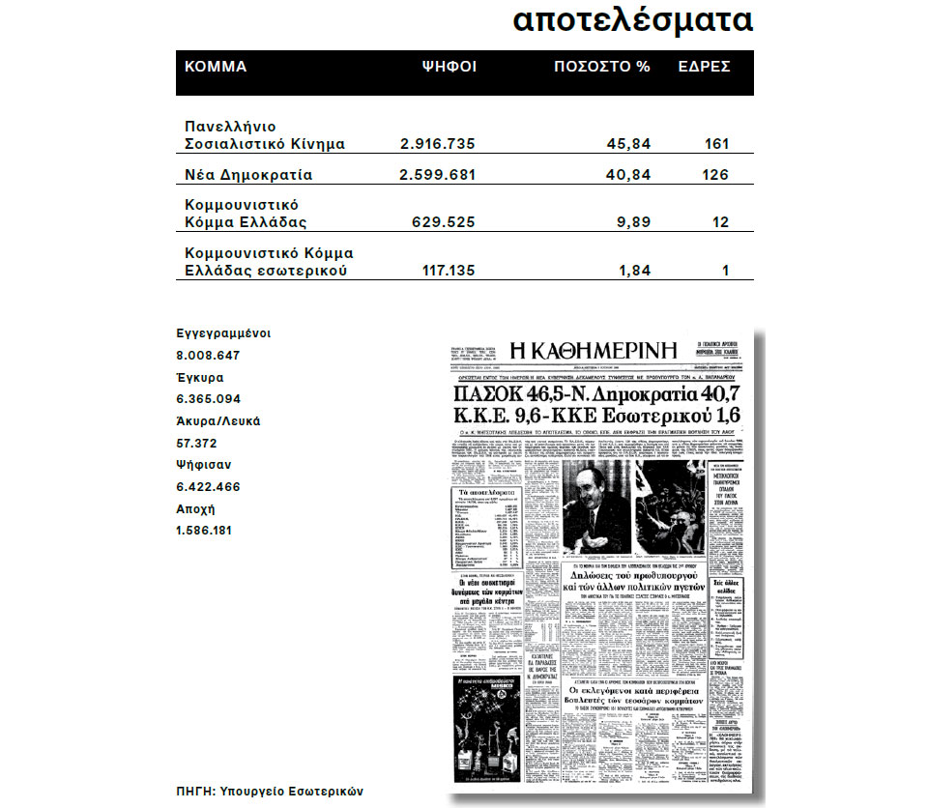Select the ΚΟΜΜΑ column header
point(216,67)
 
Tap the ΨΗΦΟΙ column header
point(449,67)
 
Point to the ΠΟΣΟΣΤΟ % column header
point(601,67)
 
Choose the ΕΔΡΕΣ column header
point(704,67)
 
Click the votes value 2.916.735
point(437,144)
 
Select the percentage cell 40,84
point(629,176)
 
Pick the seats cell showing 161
point(715,144)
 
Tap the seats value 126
point(715,176)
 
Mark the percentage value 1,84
point(633,271)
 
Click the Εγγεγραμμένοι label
point(223,333)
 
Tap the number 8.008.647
point(208,355)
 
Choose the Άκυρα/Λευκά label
point(217,421)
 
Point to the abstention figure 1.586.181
point(204,531)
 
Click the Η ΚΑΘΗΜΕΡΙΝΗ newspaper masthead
point(597,349)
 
